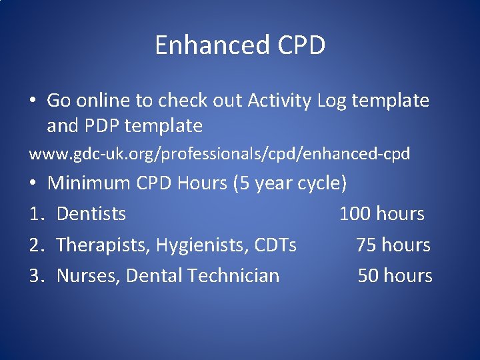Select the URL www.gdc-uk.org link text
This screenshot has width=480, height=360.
click(219, 154)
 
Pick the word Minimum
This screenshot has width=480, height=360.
click(89, 183)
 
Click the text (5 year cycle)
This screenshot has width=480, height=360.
click(290, 183)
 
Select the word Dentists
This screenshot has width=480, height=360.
click(91, 213)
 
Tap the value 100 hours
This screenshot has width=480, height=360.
click(382, 213)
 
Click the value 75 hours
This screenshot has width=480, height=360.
click(393, 245)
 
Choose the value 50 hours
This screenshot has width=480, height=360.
click(395, 275)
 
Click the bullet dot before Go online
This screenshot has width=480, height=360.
click(33, 101)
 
